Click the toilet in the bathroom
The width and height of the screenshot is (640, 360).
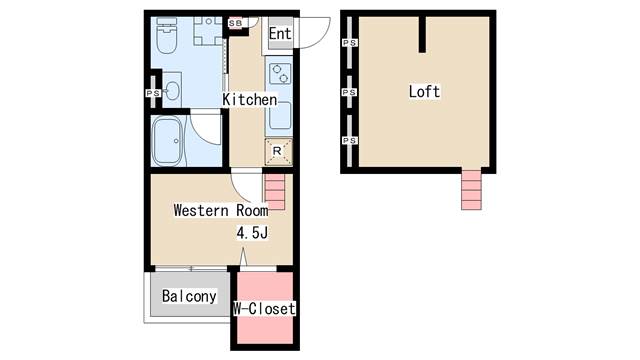166,36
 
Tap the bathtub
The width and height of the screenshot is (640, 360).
168,141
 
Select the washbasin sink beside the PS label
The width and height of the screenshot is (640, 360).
173,91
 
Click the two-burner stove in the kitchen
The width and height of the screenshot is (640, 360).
280,73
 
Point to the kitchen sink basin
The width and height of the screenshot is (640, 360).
280,115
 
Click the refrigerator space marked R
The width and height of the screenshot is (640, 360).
278,152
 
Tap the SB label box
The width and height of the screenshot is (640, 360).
235,23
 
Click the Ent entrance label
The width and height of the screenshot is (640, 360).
280,33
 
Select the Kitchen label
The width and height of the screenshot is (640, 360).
249,99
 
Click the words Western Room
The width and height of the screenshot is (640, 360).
221,210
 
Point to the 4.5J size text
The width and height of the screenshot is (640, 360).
252,233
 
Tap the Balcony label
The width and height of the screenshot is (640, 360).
189,296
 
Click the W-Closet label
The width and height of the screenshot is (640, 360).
264,309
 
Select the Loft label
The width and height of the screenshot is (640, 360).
424,91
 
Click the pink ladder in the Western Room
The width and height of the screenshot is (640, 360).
276,191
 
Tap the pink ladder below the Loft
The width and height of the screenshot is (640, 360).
471,189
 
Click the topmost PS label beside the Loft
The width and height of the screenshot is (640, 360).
349,42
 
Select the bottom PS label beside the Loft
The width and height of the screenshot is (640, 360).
349,140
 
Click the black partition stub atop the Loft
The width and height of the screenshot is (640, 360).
422,34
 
